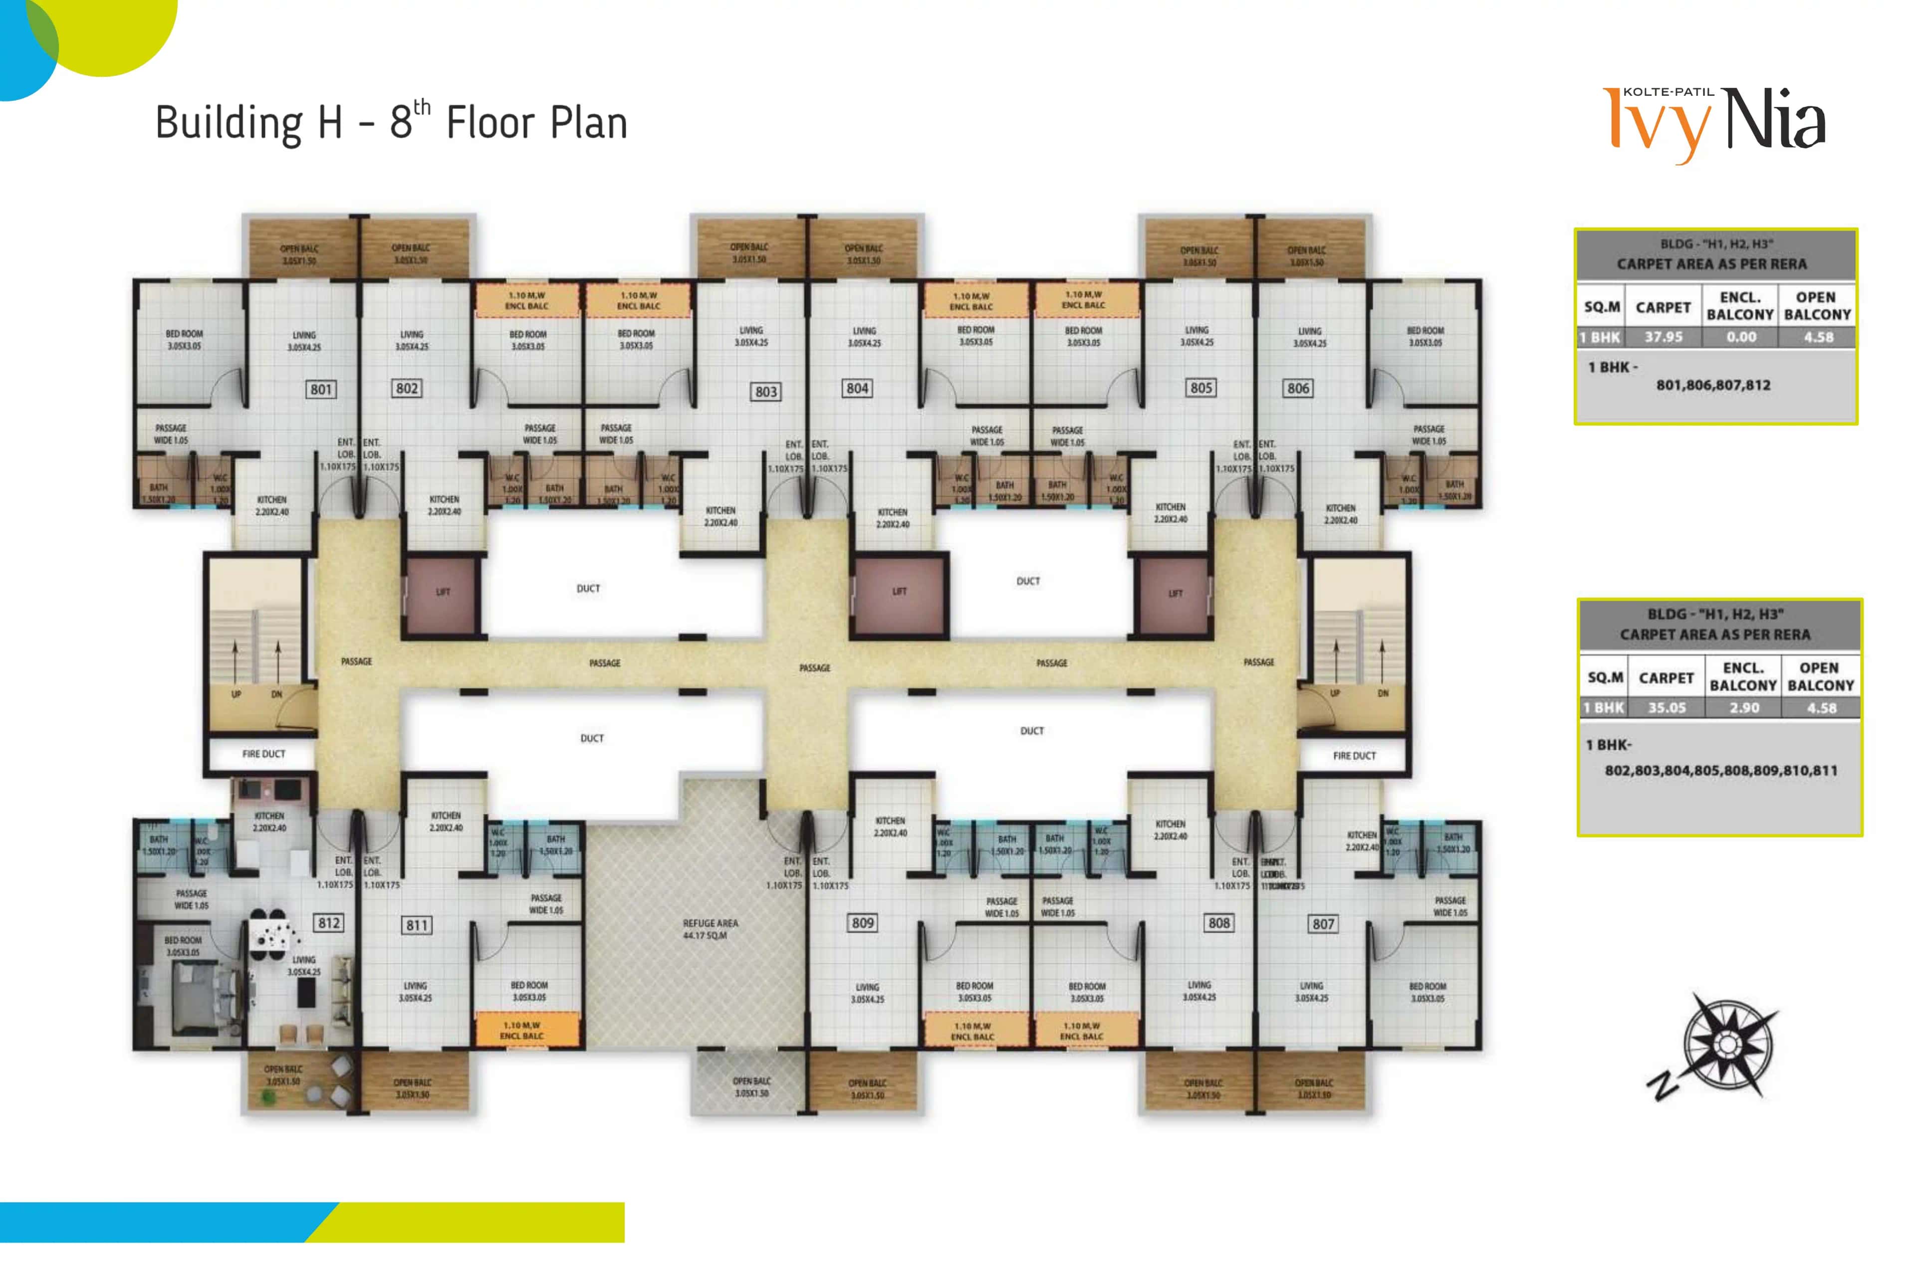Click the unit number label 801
click(x=321, y=389)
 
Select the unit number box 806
click(x=1298, y=389)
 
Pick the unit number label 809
click(x=863, y=923)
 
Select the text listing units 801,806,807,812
click(x=1713, y=385)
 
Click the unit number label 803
click(x=766, y=392)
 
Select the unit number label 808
click(x=1218, y=923)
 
